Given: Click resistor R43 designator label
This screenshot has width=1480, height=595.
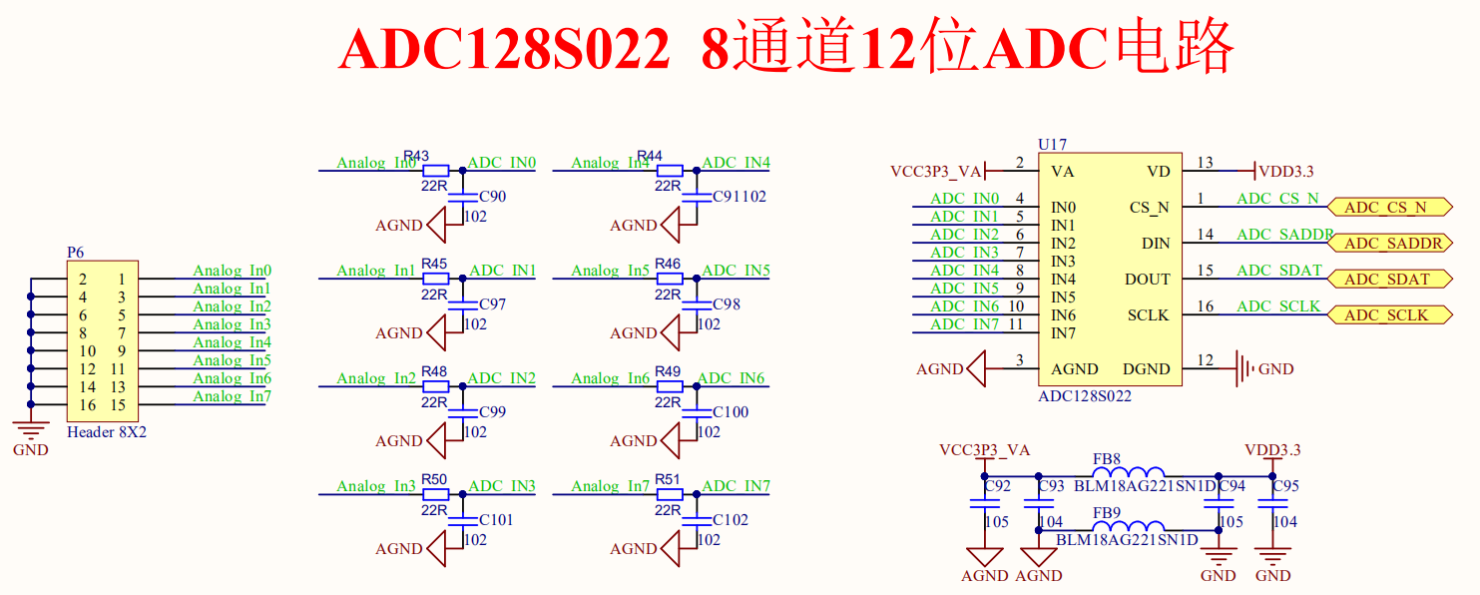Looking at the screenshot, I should [416, 156].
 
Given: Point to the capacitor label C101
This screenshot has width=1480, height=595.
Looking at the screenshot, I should [496, 520].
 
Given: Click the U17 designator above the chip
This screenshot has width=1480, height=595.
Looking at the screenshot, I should [1052, 145].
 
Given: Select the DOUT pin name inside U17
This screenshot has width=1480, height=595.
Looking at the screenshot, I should [1148, 280].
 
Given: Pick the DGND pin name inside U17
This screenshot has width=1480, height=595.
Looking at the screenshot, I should [1146, 369].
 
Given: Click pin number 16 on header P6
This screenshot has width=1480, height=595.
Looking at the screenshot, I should [88, 405].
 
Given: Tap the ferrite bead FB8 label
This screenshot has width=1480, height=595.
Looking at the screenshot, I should [1106, 460].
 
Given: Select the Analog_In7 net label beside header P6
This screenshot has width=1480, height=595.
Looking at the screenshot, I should [232, 396].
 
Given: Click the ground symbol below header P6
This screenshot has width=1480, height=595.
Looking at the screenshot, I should [31, 430].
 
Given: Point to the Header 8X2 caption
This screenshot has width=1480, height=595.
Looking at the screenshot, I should [106, 433].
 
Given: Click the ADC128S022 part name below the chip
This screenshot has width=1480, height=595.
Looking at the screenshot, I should [1085, 396].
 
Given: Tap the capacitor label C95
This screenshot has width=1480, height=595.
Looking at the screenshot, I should [1285, 486].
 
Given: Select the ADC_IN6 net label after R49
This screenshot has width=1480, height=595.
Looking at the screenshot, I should [732, 378].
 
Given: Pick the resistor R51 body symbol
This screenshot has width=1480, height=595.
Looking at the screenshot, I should [669, 494].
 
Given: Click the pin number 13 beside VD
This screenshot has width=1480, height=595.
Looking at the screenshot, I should [1206, 163].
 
